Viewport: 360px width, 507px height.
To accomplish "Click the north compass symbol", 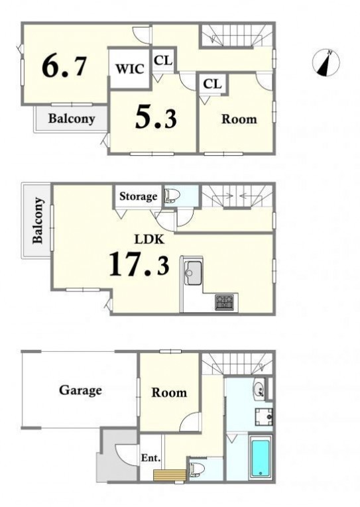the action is tap(326, 63).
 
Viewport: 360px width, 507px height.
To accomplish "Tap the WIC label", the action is tap(130, 69).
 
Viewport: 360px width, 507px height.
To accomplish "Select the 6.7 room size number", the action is tap(64, 66).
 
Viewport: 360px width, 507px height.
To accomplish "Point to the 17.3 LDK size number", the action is tap(139, 264).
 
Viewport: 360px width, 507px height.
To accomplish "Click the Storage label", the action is tap(138, 196).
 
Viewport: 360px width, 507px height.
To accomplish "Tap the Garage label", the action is tap(80, 390).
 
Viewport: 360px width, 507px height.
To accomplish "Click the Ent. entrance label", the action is tap(151, 458).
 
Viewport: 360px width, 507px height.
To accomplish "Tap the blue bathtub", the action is tap(261, 458).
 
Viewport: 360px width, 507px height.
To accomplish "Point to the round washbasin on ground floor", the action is tap(259, 388).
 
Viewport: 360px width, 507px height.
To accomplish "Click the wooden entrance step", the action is tap(170, 475).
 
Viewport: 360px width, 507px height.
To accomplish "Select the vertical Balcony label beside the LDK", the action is tap(38, 220).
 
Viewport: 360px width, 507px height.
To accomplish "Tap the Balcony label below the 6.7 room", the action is tap(72, 119).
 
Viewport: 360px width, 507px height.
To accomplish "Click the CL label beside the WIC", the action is tap(163, 60).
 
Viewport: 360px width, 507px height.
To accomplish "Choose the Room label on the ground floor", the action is tap(169, 392).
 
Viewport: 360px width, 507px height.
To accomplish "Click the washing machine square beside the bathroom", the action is tap(264, 417).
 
